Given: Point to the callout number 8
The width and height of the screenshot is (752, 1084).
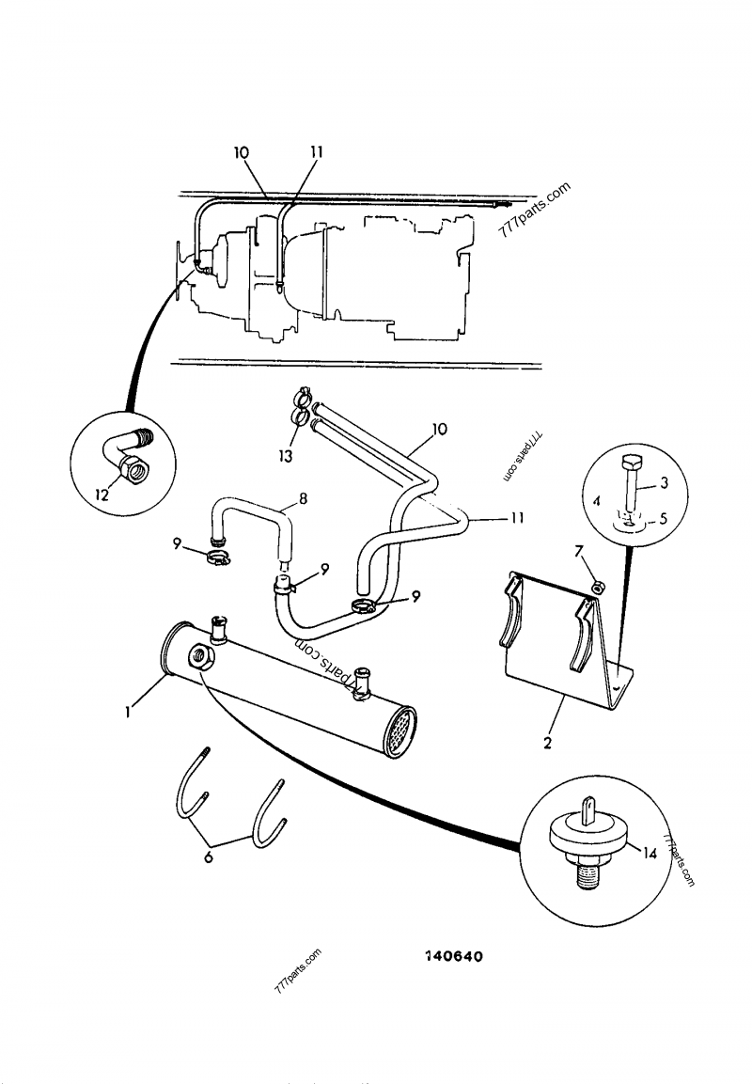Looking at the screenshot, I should [x=302, y=497].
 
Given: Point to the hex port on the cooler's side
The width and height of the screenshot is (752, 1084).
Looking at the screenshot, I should [x=199, y=655].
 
